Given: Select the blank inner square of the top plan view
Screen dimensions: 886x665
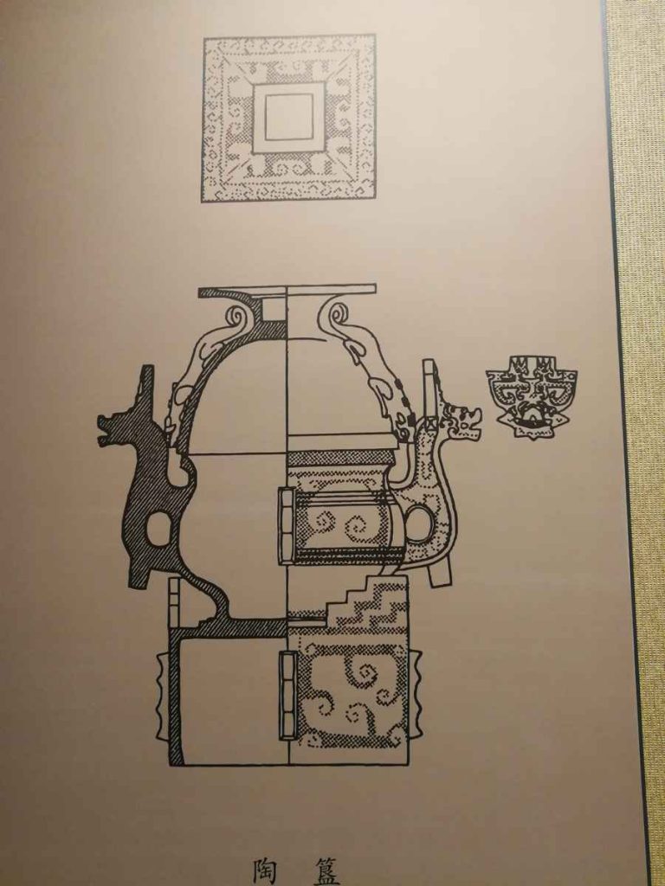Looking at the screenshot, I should (x=288, y=117).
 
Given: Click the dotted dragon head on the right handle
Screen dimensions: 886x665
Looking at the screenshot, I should (x=462, y=423).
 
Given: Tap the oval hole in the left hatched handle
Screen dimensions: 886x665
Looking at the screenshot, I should (x=158, y=529).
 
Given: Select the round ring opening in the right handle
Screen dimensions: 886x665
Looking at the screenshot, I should (x=417, y=523).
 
